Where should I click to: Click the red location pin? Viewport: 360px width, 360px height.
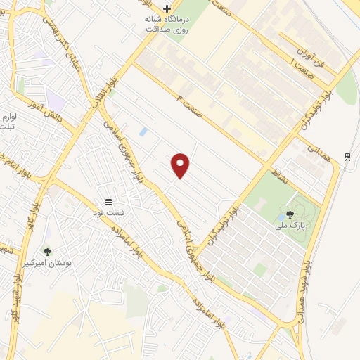pos(181,165)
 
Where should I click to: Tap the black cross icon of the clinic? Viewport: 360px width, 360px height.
pos(166,8)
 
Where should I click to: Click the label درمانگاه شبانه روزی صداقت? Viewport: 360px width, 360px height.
pos(167,24)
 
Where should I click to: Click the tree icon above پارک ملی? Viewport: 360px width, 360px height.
pos(289,214)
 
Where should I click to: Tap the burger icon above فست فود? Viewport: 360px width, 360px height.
pos(108,202)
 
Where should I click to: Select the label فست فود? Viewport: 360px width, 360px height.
pos(108,212)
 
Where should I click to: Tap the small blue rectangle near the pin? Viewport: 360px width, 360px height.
pos(143,131)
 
